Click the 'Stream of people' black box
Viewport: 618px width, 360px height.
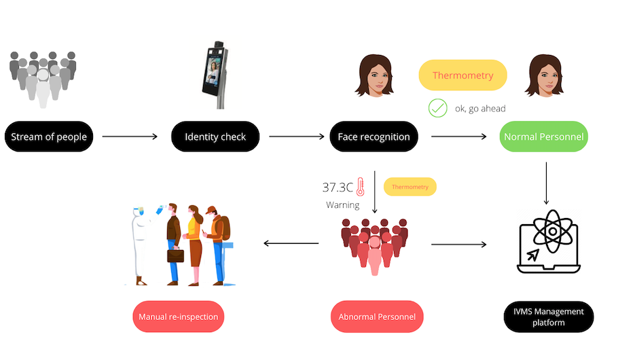pyautogui.click(x=48, y=137)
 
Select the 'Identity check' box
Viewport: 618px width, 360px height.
pyautogui.click(x=215, y=137)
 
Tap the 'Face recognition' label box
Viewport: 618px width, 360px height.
pyautogui.click(x=374, y=137)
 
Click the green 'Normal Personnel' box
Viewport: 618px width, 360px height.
pyautogui.click(x=543, y=137)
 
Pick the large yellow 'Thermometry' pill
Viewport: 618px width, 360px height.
pyautogui.click(x=462, y=75)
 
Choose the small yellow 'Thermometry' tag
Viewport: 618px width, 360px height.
pyautogui.click(x=410, y=186)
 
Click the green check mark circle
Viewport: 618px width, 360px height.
pyautogui.click(x=437, y=107)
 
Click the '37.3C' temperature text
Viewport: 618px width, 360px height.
pyautogui.click(x=338, y=187)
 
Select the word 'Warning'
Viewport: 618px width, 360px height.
pyautogui.click(x=343, y=204)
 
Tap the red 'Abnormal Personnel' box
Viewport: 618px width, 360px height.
pyautogui.click(x=377, y=317)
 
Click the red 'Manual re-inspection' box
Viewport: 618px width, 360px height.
pyautogui.click(x=179, y=317)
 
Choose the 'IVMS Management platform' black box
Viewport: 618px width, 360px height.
pyautogui.click(x=549, y=317)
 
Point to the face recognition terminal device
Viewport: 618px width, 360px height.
pyautogui.click(x=217, y=73)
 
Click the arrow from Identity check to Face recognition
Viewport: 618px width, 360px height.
pyautogui.click(x=297, y=137)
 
